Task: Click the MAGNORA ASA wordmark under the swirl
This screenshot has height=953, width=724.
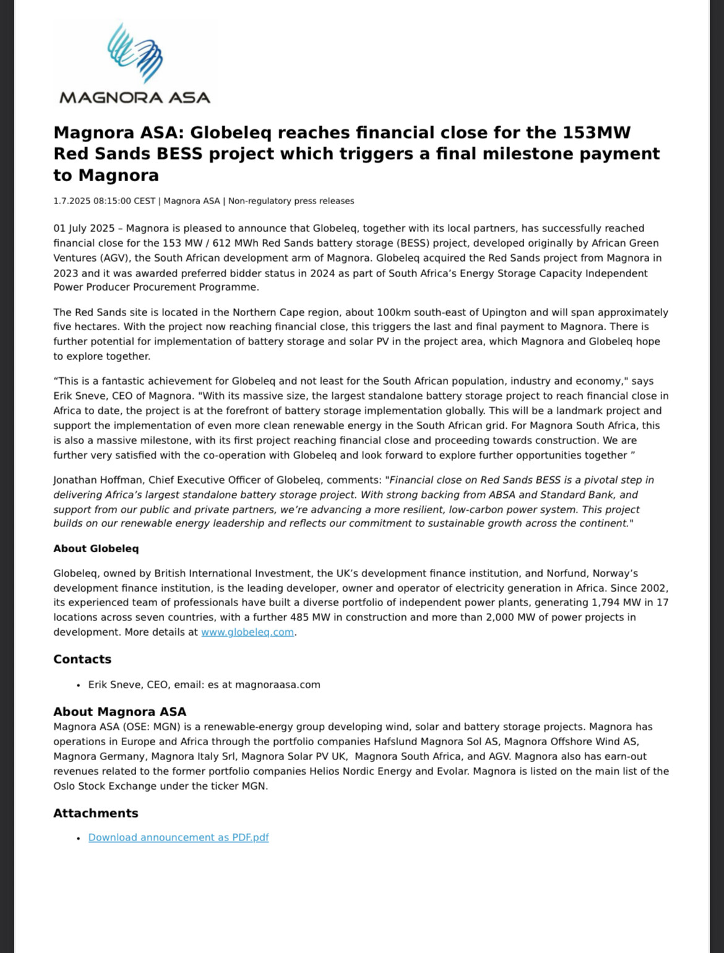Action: [134, 98]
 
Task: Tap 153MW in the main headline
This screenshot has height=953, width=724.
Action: [597, 132]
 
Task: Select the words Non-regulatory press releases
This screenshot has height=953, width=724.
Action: [291, 201]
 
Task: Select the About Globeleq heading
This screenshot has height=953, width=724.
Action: [96, 549]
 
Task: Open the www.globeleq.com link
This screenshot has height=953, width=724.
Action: [248, 632]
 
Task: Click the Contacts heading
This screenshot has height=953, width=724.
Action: [82, 659]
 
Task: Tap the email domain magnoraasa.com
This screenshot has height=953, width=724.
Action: [278, 685]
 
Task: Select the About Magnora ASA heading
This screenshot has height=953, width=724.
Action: [119, 712]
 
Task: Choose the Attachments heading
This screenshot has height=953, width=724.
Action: [95, 813]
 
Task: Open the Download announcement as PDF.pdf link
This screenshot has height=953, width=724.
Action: [178, 837]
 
